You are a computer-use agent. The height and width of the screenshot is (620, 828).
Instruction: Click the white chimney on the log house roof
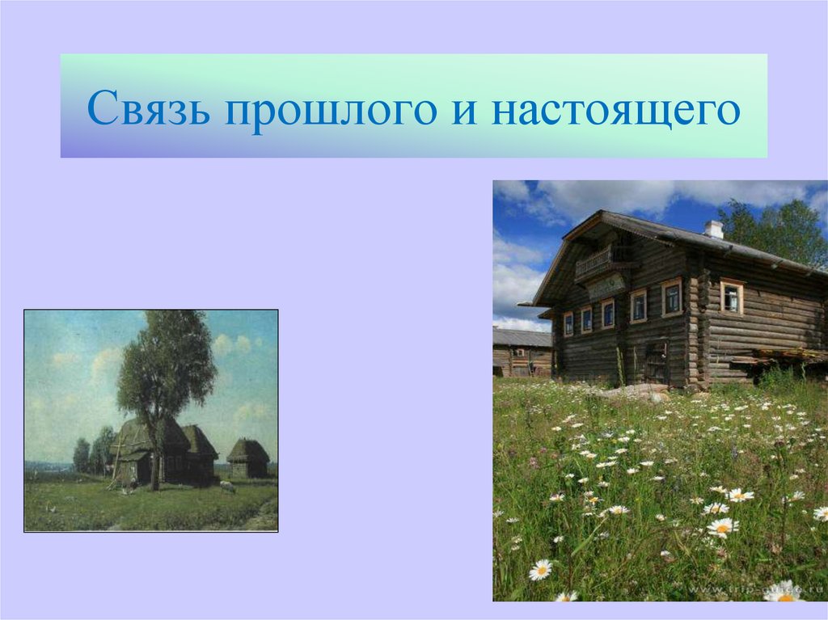[x=713, y=229]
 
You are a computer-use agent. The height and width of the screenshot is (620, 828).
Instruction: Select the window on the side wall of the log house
[x=732, y=297]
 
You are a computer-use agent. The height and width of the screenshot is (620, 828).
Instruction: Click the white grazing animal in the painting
[x=228, y=487]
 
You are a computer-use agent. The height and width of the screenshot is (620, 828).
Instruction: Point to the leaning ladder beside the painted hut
[x=115, y=465]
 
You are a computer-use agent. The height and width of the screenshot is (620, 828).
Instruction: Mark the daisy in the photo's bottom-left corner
[x=540, y=570]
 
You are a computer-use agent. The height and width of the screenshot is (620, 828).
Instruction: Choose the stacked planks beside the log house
[x=788, y=356]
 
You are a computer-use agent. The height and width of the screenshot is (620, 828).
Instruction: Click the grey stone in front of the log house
[x=639, y=392]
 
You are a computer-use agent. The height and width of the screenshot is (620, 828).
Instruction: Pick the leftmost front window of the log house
[x=568, y=323]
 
